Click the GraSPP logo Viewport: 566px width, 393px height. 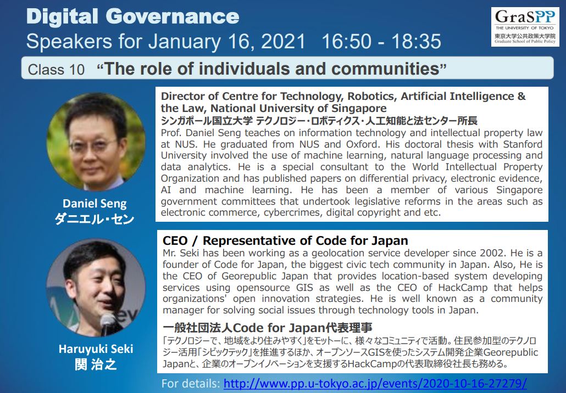coord(525,27)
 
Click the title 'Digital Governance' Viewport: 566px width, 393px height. coord(133,16)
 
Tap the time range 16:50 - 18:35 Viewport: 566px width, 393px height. coord(381,41)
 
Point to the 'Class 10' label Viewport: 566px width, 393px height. coord(56,70)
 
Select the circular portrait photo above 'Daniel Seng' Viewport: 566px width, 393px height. coord(96,142)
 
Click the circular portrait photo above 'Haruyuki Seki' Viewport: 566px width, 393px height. coord(96,287)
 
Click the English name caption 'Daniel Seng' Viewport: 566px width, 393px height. coord(95,203)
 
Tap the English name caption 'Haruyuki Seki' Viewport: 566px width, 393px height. coord(96,349)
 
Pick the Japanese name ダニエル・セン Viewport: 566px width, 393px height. coord(95,219)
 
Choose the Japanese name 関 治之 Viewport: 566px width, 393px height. coord(96,364)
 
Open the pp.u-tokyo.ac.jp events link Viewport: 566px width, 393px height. coord(375,383)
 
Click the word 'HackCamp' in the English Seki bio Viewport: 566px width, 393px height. coord(463,288)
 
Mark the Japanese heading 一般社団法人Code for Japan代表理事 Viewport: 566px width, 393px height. coord(268,328)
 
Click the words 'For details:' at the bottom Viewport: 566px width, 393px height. coord(191,383)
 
